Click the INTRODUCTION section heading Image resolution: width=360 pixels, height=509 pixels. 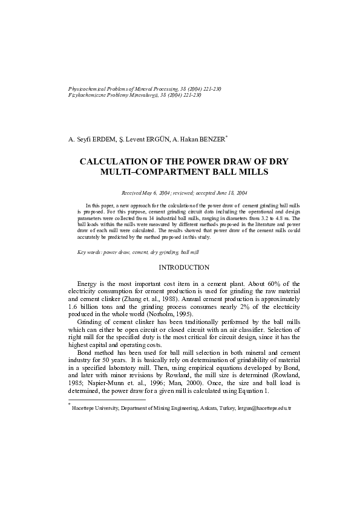click(184, 267)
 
